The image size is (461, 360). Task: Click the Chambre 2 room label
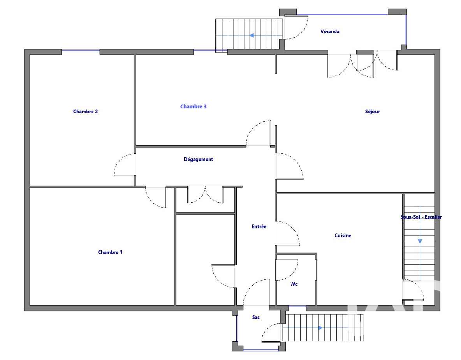pyautogui.click(x=85, y=111)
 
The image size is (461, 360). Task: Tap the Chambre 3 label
pyautogui.click(x=193, y=106)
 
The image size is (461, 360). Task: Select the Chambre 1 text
pyautogui.click(x=110, y=252)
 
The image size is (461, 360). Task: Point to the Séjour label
pyautogui.click(x=372, y=112)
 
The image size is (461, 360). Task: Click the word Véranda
pyautogui.click(x=330, y=32)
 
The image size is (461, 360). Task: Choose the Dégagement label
pyautogui.click(x=198, y=159)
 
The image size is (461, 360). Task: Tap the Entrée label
pyautogui.click(x=259, y=226)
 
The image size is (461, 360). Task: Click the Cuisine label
pyautogui.click(x=343, y=235)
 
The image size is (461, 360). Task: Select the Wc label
pyautogui.click(x=294, y=284)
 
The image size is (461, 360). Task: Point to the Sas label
pyautogui.click(x=256, y=317)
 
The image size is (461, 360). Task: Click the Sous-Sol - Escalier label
pyautogui.click(x=421, y=217)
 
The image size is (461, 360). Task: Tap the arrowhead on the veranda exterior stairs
pyautogui.click(x=252, y=35)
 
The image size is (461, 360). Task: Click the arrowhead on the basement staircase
pyautogui.click(x=420, y=241)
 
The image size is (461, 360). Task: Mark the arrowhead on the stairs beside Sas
pyautogui.click(x=320, y=328)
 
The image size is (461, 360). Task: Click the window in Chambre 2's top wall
pyautogui.click(x=81, y=51)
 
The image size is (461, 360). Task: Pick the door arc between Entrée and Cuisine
pyautogui.click(x=294, y=230)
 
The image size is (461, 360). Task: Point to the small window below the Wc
pyautogui.click(x=297, y=307)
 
